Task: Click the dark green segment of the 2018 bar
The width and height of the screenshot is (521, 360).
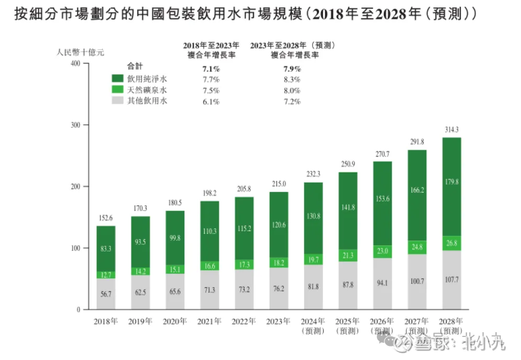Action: pyautogui.click(x=106, y=248)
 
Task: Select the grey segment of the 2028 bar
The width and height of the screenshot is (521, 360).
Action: pyautogui.click(x=451, y=280)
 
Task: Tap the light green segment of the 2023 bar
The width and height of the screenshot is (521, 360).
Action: pyautogui.click(x=279, y=263)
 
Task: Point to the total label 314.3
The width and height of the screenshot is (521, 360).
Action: pyautogui.click(x=451, y=129)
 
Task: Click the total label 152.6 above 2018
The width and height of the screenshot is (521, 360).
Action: pyautogui.click(x=106, y=218)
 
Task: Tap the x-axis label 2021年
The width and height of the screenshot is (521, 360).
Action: pyautogui.click(x=209, y=321)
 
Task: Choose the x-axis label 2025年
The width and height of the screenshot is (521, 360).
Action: pyautogui.click(x=348, y=321)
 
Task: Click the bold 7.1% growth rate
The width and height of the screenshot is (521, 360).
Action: pyautogui.click(x=211, y=69)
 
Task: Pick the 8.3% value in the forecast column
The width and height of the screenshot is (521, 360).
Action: pyautogui.click(x=292, y=80)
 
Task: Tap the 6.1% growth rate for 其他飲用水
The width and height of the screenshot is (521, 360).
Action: pyautogui.click(x=211, y=102)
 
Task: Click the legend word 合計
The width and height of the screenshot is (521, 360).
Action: pyautogui.click(x=135, y=67)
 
